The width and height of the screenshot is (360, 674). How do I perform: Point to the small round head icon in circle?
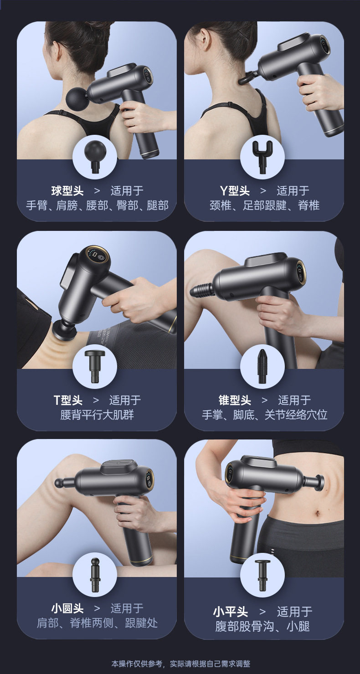point(95,574)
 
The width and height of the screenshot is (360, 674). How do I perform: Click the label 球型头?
point(67,190)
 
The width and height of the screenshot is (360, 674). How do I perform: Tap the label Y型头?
point(235,190)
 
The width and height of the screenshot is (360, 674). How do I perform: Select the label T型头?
point(68,400)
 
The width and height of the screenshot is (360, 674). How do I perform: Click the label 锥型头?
point(235,400)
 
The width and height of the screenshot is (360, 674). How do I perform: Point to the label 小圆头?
point(67,608)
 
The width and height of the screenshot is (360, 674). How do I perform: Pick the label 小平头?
point(231,611)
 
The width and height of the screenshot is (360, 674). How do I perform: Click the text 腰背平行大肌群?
point(97,415)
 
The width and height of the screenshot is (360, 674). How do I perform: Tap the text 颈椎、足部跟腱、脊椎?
point(264,205)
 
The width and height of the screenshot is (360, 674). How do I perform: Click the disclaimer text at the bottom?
point(180,664)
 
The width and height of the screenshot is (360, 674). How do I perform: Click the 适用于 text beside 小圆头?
point(127,608)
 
